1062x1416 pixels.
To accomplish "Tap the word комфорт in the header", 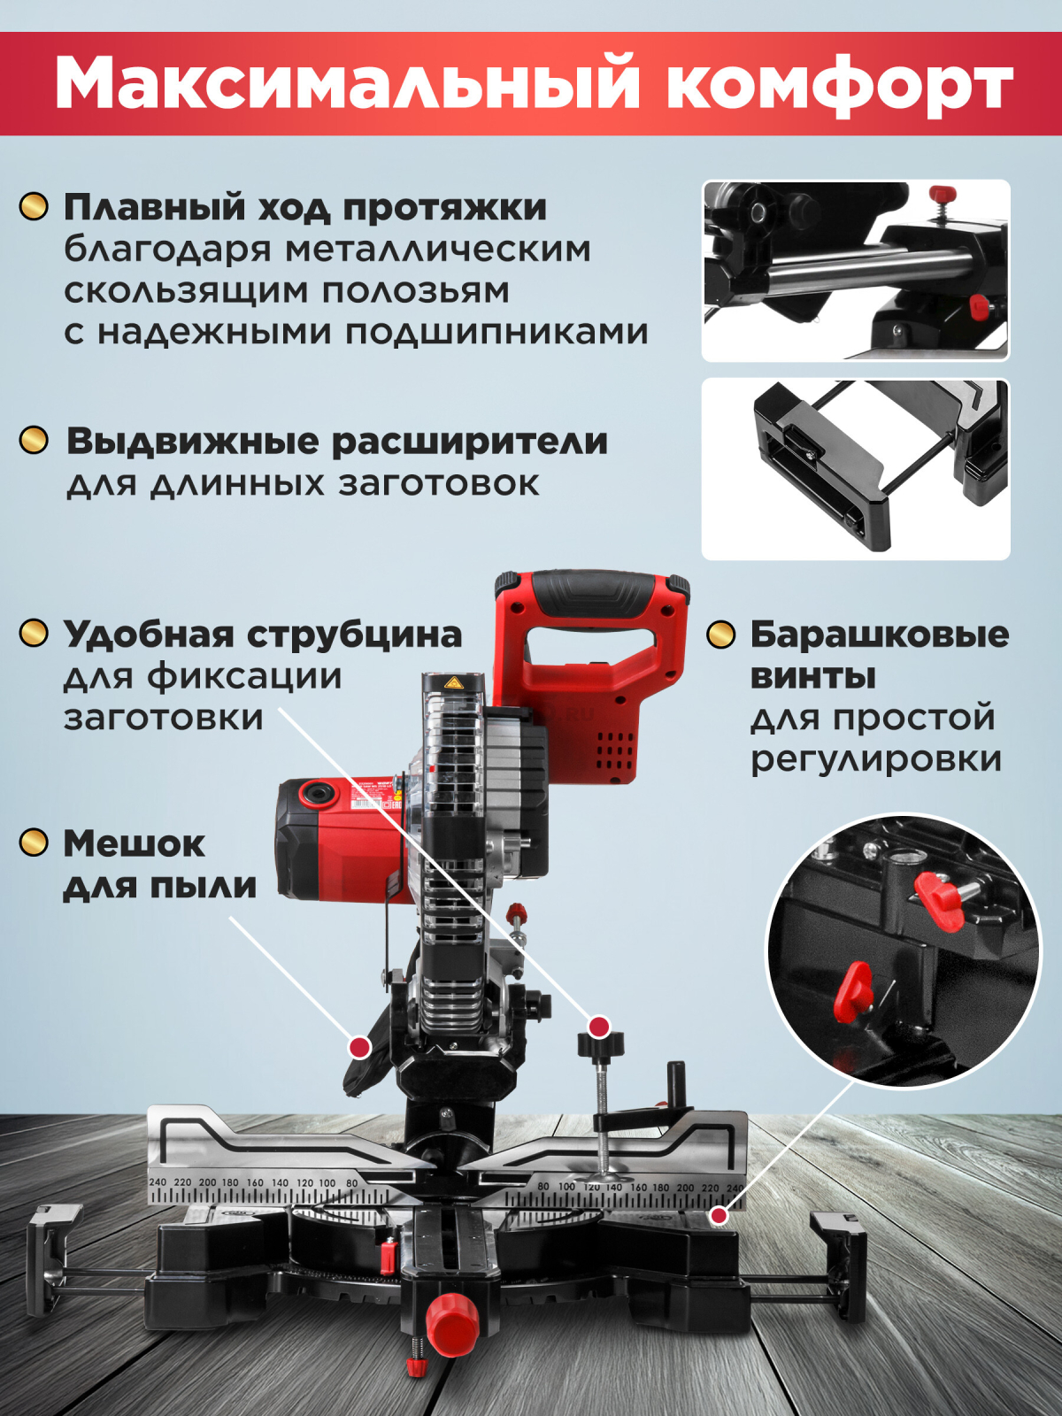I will point(837,85).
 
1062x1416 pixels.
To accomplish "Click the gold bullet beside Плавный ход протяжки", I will point(34,208).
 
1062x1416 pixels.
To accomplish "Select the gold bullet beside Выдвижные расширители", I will point(34,441).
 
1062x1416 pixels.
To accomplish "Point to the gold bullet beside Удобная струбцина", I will point(34,634).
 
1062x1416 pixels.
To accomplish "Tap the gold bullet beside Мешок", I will point(34,843).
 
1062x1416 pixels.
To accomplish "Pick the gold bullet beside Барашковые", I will point(721,634).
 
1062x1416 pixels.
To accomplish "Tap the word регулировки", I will point(876,759).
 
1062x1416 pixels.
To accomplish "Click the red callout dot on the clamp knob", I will point(599,1027).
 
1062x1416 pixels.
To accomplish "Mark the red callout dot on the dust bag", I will point(359,1048).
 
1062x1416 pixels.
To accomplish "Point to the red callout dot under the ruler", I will point(720,1215).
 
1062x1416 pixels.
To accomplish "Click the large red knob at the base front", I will point(452,1322).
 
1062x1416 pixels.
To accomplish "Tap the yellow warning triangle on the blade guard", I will point(455,683).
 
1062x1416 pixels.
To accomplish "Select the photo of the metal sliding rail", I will point(855,270).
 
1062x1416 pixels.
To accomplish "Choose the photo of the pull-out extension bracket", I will point(855,469).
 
